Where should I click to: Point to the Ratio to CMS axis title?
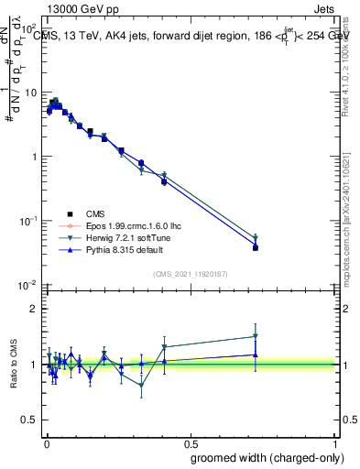pos(14,364)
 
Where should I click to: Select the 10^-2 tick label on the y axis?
pos(27,285)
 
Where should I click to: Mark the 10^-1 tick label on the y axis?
pos(27,221)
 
